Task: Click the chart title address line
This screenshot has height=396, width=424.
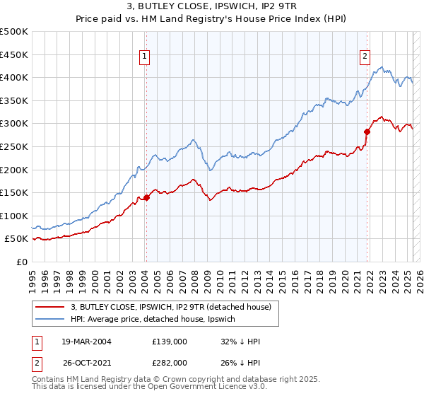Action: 211,8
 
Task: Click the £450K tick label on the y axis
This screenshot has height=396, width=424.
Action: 14,54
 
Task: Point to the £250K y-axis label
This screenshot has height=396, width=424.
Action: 14,146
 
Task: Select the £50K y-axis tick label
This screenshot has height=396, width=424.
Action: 17,239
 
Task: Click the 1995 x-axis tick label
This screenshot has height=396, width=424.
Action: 33,276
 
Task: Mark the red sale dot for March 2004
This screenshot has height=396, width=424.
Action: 146,197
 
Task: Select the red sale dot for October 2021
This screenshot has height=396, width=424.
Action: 367,132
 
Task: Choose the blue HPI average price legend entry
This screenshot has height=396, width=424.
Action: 157,320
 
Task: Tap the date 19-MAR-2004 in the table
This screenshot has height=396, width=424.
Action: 88,342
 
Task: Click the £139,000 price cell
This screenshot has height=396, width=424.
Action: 170,342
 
